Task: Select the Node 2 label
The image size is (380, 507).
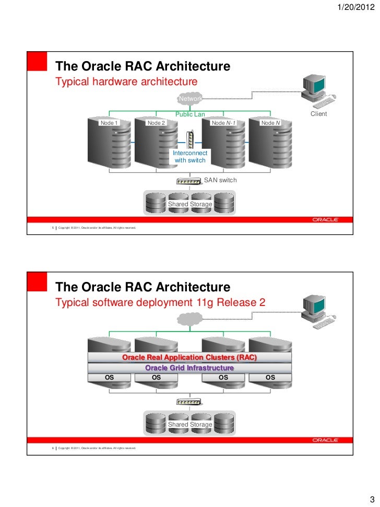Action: point(156,123)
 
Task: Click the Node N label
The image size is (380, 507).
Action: point(270,123)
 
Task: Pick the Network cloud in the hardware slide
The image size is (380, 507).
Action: point(190,99)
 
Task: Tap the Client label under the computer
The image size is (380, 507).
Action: point(318,114)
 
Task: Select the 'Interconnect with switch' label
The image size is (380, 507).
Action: point(190,157)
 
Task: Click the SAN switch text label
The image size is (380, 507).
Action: point(220,180)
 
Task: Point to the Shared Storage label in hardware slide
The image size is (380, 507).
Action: point(190,204)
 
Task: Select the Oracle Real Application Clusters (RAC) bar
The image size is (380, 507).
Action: point(189,358)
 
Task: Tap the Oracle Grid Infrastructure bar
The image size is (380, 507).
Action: point(189,368)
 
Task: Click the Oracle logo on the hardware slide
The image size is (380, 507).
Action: point(326,220)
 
